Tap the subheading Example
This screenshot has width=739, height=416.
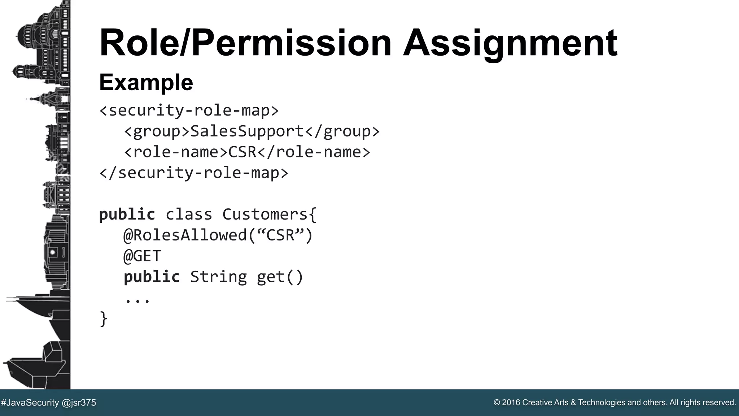point(146,82)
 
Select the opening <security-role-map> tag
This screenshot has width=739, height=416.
point(189,110)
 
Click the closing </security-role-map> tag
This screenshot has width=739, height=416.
point(194,173)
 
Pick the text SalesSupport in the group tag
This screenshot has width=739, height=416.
point(247,131)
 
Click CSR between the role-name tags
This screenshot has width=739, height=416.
point(242,152)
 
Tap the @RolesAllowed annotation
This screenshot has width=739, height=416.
point(185,235)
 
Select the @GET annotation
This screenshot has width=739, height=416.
point(142,256)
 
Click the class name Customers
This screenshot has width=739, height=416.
point(265,214)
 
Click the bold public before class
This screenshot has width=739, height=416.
point(127,214)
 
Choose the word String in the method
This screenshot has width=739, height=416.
point(218,277)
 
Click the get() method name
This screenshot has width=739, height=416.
point(280,277)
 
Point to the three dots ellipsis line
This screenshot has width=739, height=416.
point(137,300)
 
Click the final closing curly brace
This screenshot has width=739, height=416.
point(104,319)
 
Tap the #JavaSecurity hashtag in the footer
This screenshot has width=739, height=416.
point(30,403)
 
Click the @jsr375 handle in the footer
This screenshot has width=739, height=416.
point(79,403)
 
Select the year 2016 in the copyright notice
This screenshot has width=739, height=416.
point(511,403)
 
